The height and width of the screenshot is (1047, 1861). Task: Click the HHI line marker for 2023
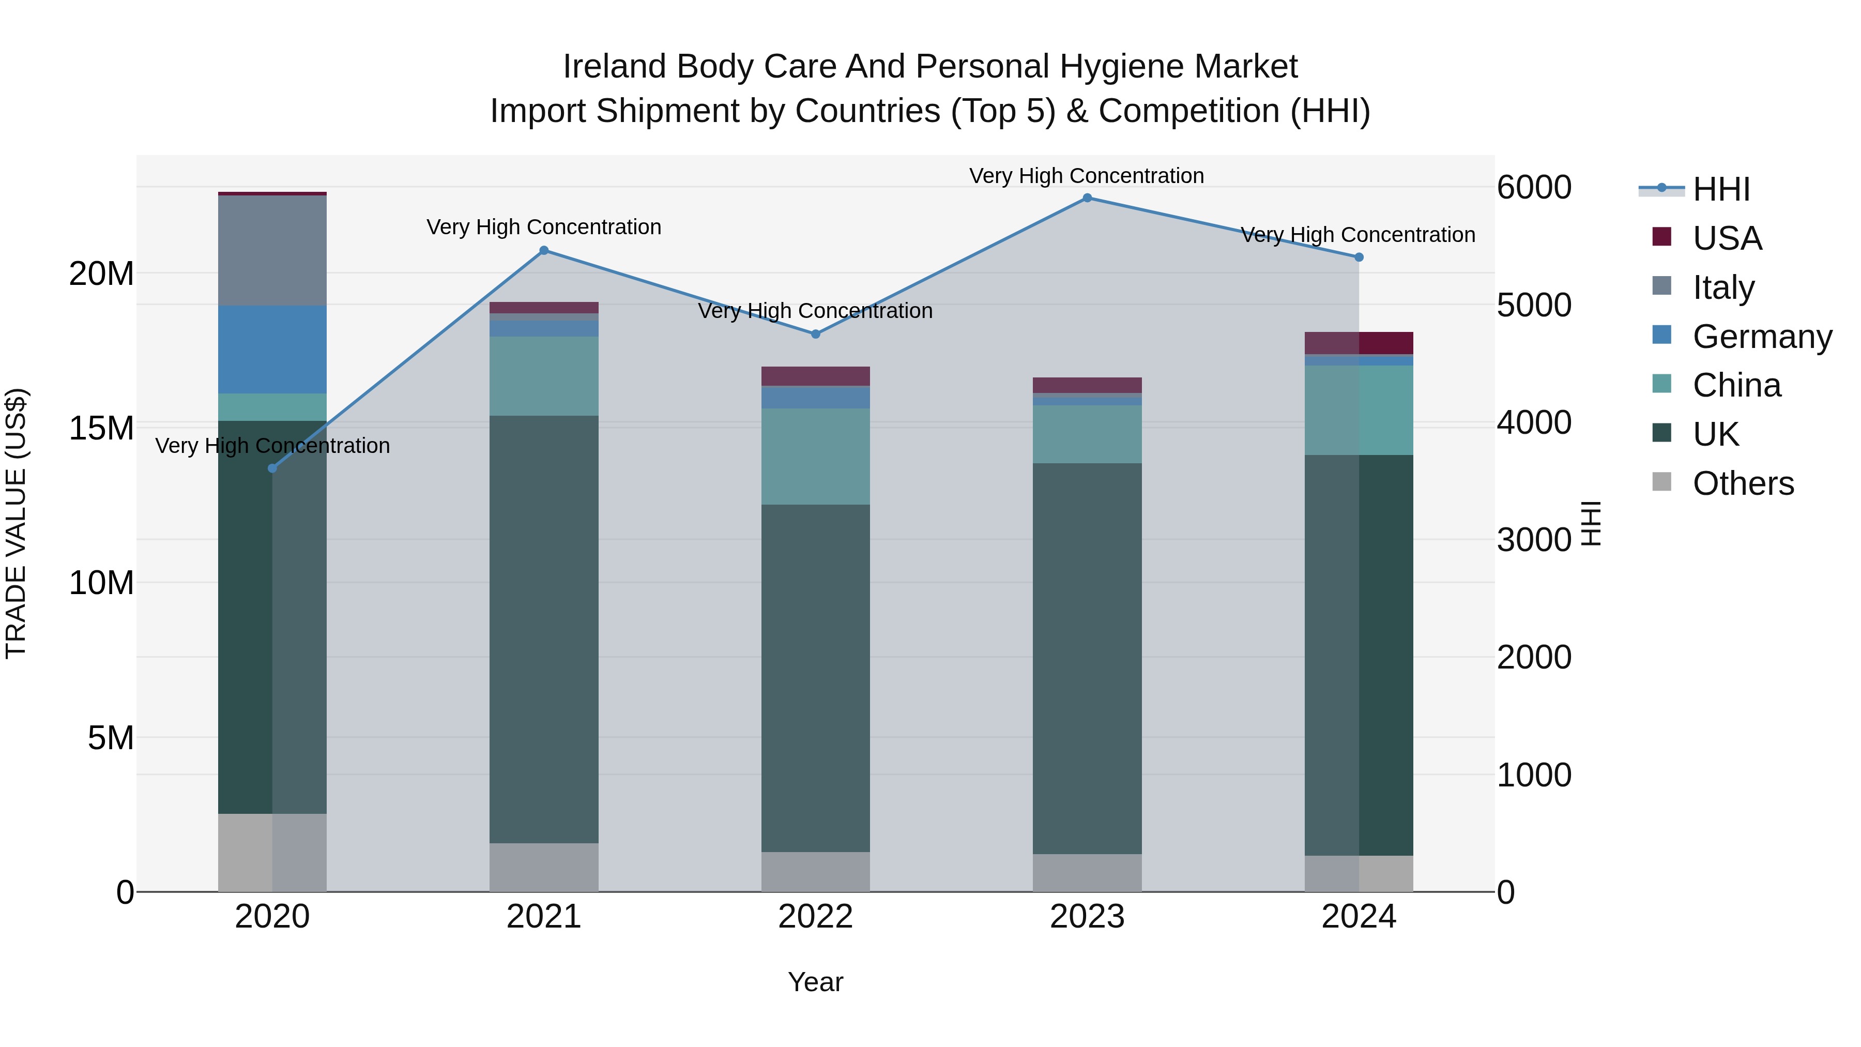(x=1087, y=198)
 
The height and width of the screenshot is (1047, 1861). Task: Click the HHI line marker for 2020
(x=272, y=468)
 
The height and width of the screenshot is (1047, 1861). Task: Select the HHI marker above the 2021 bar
(x=544, y=251)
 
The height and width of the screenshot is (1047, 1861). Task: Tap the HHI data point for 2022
(x=816, y=334)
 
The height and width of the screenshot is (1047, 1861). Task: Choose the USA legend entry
(x=1727, y=238)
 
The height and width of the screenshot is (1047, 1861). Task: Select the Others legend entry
(x=1743, y=483)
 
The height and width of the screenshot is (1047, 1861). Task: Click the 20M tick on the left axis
(x=101, y=274)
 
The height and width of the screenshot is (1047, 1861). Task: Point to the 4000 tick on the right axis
(x=1534, y=423)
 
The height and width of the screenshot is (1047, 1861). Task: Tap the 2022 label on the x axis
(x=816, y=917)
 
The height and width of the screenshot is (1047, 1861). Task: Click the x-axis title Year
(x=816, y=982)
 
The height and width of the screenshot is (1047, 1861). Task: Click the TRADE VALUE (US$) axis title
(x=16, y=523)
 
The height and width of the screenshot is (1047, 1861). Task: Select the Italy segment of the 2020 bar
(x=272, y=250)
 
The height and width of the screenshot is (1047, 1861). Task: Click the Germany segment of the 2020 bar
(x=272, y=349)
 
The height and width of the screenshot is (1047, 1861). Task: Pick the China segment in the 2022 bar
(x=816, y=456)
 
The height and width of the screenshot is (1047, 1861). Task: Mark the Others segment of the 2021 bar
(x=544, y=867)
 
